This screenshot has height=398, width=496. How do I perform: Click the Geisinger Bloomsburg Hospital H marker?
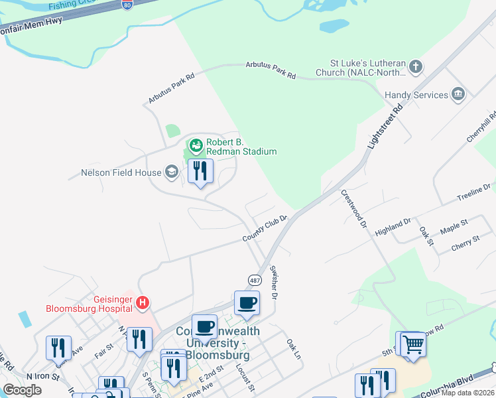coord(142,304)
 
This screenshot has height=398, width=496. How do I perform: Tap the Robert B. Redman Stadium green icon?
coord(196,145)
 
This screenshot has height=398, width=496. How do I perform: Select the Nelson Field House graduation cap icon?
coord(172,173)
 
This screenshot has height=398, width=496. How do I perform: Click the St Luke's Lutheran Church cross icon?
coord(416,66)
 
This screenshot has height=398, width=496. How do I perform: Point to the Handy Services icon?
coord(458,95)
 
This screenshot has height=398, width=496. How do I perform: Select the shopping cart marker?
coord(413,344)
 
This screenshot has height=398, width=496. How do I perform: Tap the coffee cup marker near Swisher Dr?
coord(247,304)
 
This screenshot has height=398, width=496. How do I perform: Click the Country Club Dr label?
coord(264,228)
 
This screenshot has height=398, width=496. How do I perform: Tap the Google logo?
coord(21,390)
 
